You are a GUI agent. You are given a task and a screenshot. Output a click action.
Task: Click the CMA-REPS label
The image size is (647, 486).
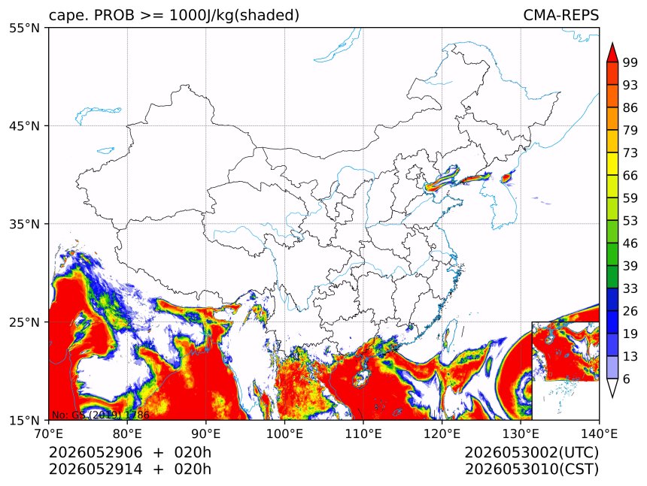pyautogui.click(x=560, y=15)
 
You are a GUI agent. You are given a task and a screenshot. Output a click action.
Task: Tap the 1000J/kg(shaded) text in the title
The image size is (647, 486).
pyautogui.click(x=235, y=16)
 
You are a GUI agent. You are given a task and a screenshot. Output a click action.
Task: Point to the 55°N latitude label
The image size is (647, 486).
pyautogui.click(x=24, y=28)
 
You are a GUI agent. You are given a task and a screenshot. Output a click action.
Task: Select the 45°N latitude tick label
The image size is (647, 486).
pyautogui.click(x=24, y=125)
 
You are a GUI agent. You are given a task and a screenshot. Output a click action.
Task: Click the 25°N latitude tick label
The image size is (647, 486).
pyautogui.click(x=24, y=321)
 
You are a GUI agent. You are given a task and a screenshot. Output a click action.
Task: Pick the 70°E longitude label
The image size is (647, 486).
pyautogui.click(x=49, y=433)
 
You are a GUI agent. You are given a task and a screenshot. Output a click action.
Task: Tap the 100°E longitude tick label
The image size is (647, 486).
pyautogui.click(x=284, y=433)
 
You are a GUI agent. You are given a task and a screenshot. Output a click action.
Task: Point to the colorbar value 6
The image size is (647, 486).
pyautogui.click(x=627, y=379)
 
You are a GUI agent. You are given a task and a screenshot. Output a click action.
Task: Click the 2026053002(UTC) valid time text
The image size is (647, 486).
pyautogui.click(x=532, y=452)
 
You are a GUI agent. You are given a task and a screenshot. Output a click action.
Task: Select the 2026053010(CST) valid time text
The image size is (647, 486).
pyautogui.click(x=532, y=469)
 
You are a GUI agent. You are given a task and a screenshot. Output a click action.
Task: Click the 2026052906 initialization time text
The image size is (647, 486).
pyautogui.click(x=96, y=452)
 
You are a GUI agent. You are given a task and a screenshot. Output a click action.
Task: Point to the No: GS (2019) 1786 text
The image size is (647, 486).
pyautogui.click(x=100, y=415)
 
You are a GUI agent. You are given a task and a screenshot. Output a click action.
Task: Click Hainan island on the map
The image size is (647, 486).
pyautogui.click(x=360, y=378)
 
